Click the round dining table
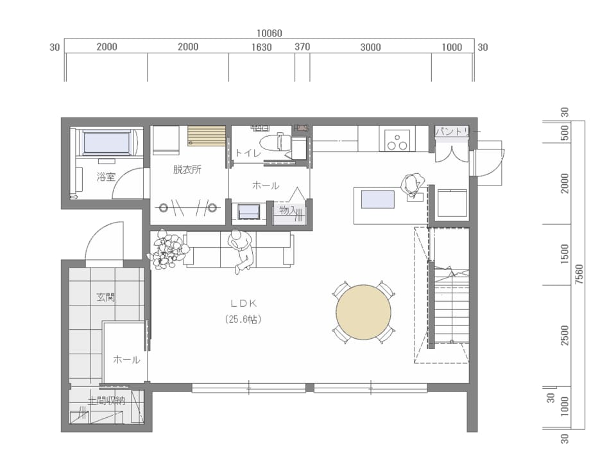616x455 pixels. click(363, 313)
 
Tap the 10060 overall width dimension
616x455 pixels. click(269, 33)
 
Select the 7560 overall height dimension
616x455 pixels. click(579, 274)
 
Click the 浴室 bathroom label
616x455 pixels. click(106, 177)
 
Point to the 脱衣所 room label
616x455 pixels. click(187, 169)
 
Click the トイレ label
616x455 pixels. click(248, 153)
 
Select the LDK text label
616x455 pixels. click(244, 304)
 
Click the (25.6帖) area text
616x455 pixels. click(243, 319)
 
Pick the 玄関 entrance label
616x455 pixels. click(106, 297)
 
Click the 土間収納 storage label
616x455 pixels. click(106, 401)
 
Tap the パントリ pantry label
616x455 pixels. click(452, 131)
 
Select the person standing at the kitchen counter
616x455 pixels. click(412, 185)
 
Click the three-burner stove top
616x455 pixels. click(397, 140)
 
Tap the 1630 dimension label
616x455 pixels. click(262, 47)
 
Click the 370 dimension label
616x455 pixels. click(302, 47)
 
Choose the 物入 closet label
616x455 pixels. click(287, 210)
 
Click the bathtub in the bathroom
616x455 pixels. click(106, 143)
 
